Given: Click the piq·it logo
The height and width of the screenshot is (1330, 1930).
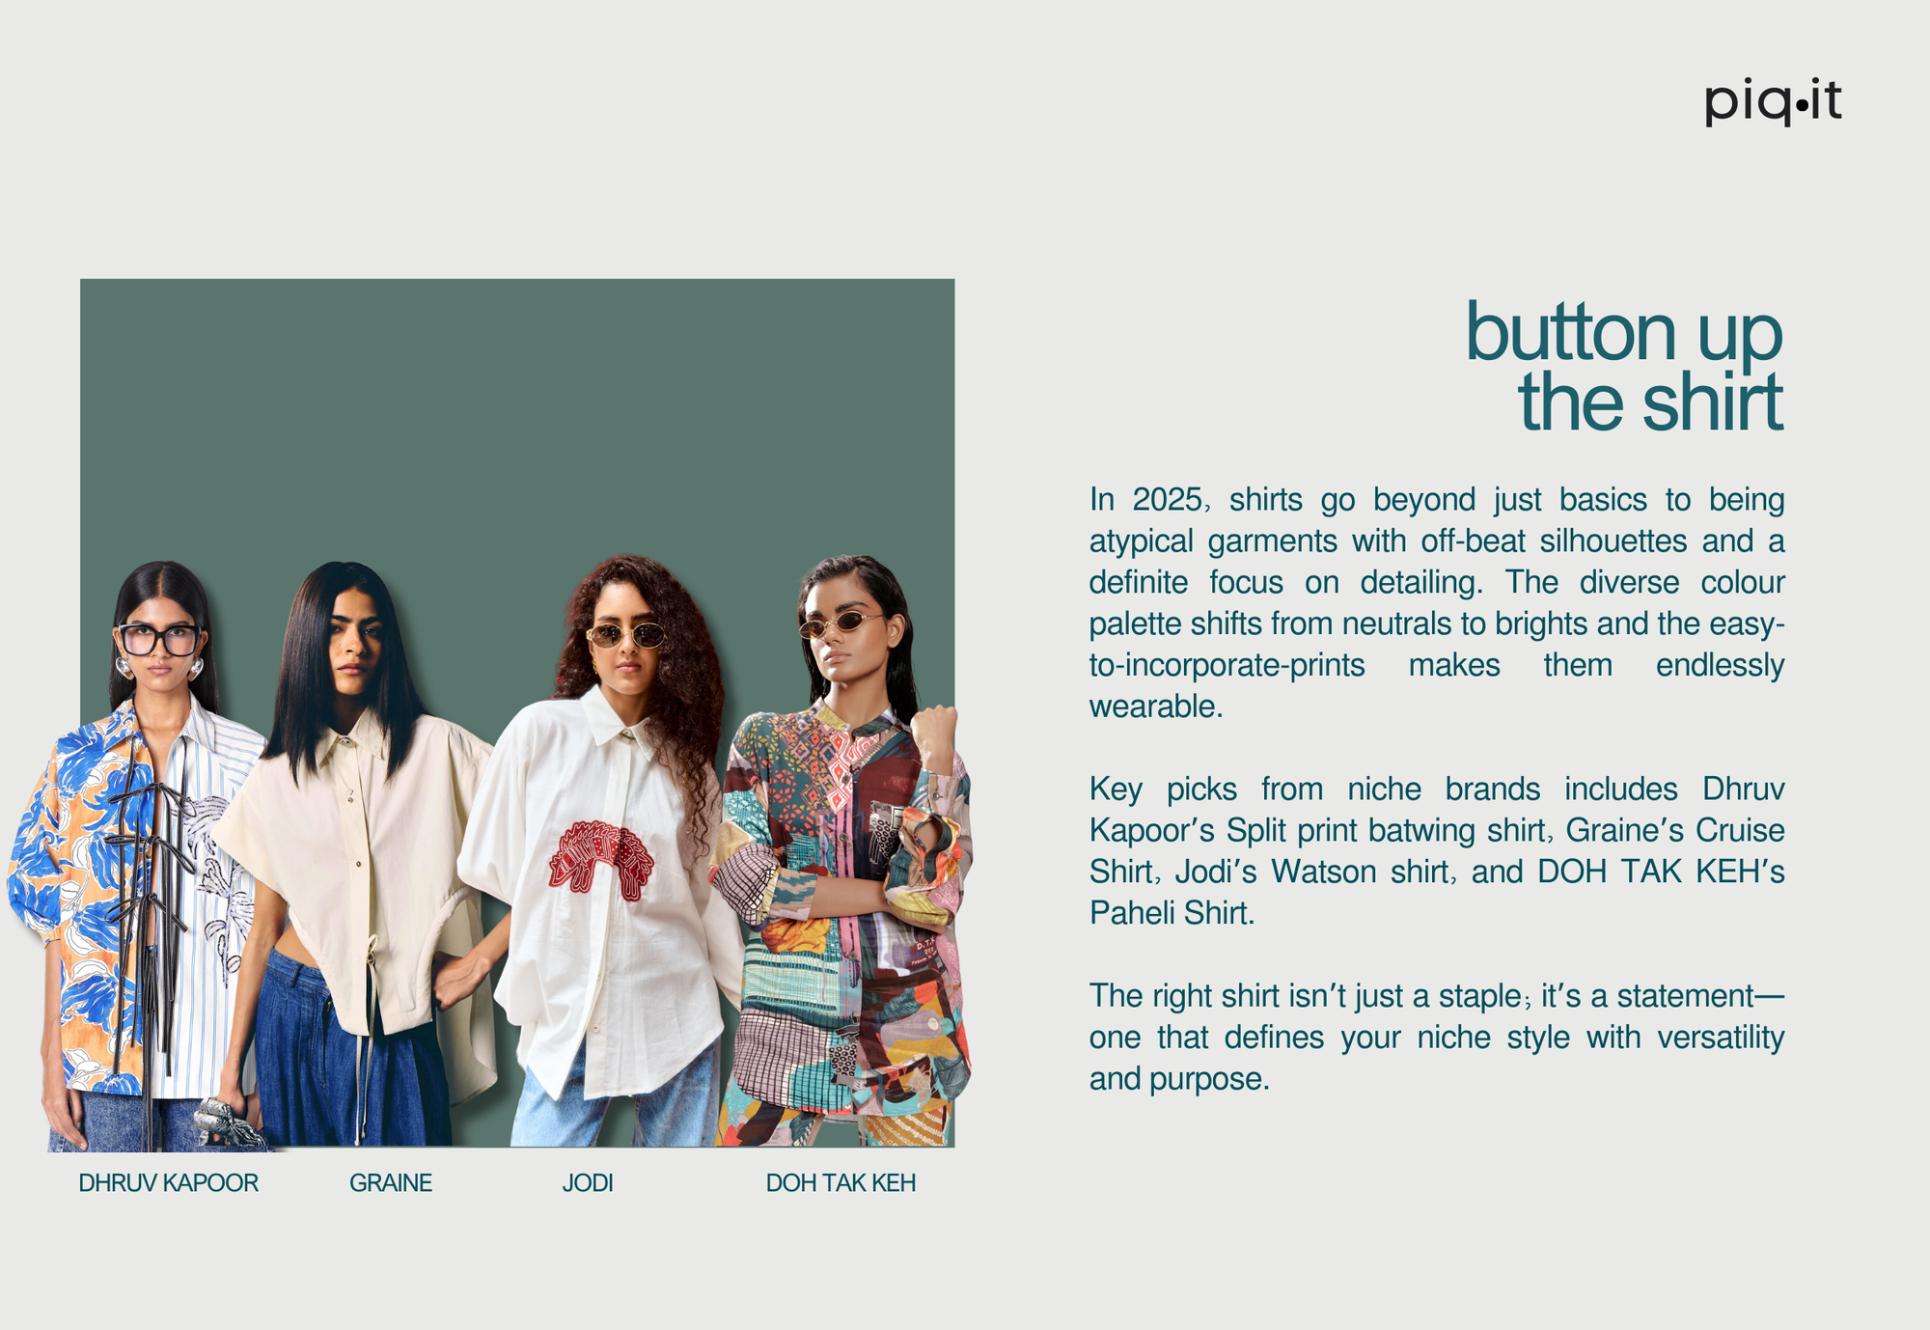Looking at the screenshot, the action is click(x=1773, y=101).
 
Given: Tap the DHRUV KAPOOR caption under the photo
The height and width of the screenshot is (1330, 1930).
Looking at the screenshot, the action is click(x=169, y=1183).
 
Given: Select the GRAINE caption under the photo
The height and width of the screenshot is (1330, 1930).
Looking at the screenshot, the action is click(x=391, y=1183).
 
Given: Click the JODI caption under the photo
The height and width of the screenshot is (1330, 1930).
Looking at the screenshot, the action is click(x=588, y=1183).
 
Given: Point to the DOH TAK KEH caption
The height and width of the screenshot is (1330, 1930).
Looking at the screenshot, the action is click(x=841, y=1183).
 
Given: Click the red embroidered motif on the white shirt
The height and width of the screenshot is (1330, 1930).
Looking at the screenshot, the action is click(x=600, y=858).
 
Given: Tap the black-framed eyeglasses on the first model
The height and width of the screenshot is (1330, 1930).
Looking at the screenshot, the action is click(x=159, y=639).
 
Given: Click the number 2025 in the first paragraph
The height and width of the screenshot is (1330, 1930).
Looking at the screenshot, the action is click(x=1168, y=500).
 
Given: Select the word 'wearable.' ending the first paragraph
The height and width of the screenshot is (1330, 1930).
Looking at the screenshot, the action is click(x=1156, y=707).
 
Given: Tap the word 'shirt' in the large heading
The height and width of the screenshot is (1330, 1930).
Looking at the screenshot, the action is click(x=1713, y=402).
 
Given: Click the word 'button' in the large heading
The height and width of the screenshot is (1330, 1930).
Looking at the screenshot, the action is click(x=1571, y=333).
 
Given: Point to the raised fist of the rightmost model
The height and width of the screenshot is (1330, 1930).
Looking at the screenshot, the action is click(x=934, y=731).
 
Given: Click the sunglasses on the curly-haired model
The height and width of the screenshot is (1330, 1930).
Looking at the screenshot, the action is click(x=626, y=635).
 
